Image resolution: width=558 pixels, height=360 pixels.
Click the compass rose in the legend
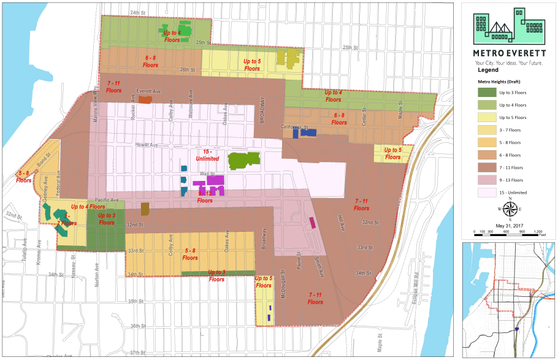point(508,209)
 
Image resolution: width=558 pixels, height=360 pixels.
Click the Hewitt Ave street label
point(147,145)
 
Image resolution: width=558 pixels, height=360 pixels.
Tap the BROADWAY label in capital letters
point(263,110)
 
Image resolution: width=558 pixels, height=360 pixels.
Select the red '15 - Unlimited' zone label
point(211,155)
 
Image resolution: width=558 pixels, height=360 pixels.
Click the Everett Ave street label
point(148,91)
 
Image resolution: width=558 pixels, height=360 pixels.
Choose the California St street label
point(294,127)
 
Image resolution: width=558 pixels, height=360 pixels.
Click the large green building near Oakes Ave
point(243,161)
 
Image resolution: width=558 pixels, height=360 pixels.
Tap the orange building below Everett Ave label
point(145,99)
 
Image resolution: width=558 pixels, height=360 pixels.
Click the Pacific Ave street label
point(107,201)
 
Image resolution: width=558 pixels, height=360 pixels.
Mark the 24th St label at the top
point(139,12)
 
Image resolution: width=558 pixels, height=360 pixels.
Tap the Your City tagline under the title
point(508,63)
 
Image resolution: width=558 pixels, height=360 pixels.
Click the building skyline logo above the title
point(508,26)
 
